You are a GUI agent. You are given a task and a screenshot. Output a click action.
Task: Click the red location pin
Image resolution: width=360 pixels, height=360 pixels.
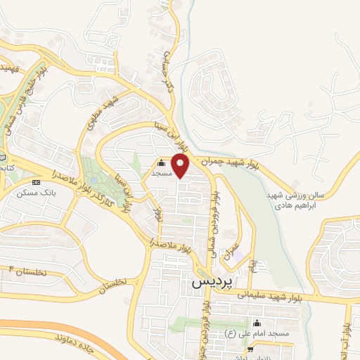[181, 166]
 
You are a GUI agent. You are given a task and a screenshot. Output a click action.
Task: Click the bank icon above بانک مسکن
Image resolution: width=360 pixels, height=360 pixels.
[37, 182]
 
